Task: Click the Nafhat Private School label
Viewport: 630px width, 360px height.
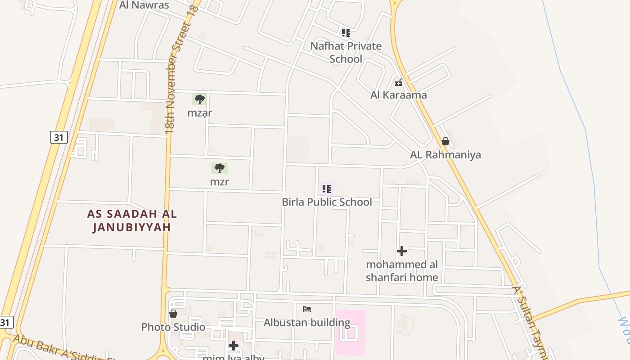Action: pyautogui.click(x=346, y=52)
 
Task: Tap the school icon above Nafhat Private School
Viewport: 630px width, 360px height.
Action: pyautogui.click(x=346, y=33)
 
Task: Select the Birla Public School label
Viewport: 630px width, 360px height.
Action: pyautogui.click(x=327, y=202)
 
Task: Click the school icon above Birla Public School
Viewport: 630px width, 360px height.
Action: pyautogui.click(x=326, y=189)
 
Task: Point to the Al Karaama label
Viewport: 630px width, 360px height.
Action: pyautogui.click(x=398, y=95)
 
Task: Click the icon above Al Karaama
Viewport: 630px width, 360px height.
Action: pyautogui.click(x=398, y=82)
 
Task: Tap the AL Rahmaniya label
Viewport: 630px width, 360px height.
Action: pyautogui.click(x=445, y=155)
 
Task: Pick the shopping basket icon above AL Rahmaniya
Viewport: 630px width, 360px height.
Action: pyautogui.click(x=445, y=142)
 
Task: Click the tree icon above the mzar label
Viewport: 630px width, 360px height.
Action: pyautogui.click(x=199, y=99)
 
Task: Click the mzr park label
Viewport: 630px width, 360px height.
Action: pyautogui.click(x=219, y=182)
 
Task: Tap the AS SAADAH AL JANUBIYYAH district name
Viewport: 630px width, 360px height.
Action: pyautogui.click(x=132, y=220)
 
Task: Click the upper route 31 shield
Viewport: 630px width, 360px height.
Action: pyautogui.click(x=58, y=137)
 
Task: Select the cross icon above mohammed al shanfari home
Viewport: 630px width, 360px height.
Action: pyautogui.click(x=402, y=251)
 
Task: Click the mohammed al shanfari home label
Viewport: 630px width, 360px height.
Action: pyautogui.click(x=402, y=271)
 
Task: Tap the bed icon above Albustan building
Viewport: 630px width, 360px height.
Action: pyautogui.click(x=307, y=309)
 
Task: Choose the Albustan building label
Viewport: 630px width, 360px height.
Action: pyautogui.click(x=307, y=323)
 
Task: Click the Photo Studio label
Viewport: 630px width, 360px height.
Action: pyautogui.click(x=173, y=327)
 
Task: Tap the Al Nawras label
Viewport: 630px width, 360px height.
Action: pyautogui.click(x=144, y=5)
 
